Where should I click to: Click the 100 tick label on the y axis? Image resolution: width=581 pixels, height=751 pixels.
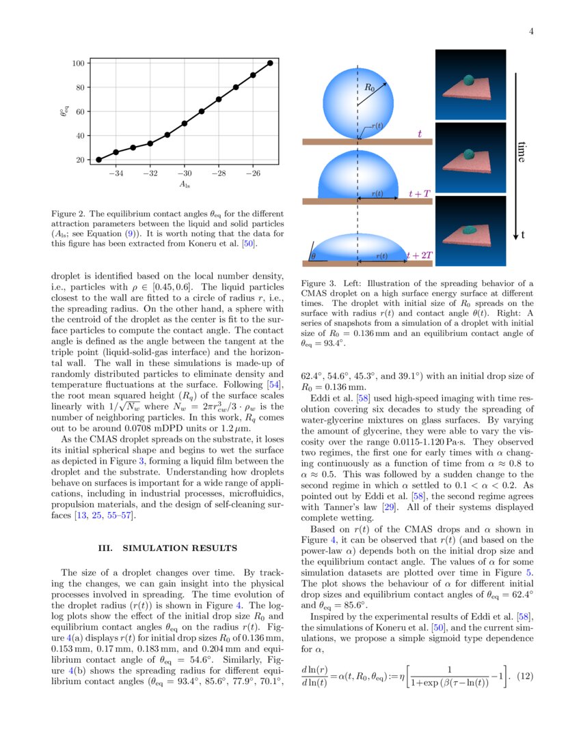(x=78, y=63)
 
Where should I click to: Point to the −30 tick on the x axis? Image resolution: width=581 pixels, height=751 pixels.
(x=185, y=173)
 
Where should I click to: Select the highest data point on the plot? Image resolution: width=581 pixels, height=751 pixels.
(x=270, y=63)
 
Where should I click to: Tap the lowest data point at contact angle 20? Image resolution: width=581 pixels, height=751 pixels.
(x=98, y=160)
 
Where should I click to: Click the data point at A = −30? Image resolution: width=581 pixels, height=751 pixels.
(x=185, y=124)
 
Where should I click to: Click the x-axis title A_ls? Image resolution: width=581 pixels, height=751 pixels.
(x=185, y=184)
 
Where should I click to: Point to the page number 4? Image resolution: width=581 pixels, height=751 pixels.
(x=530, y=31)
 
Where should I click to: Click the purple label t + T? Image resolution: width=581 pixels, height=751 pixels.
(x=419, y=194)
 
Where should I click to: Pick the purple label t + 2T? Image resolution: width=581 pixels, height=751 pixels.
(x=419, y=255)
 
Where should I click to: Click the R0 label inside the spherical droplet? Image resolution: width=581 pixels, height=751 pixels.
(x=369, y=88)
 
